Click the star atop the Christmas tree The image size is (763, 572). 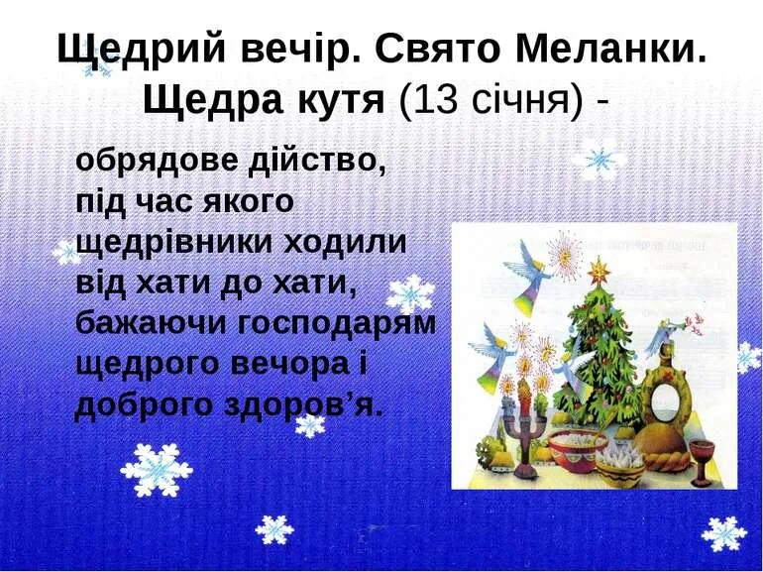(x=599, y=269)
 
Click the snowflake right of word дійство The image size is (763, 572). (x=597, y=160)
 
